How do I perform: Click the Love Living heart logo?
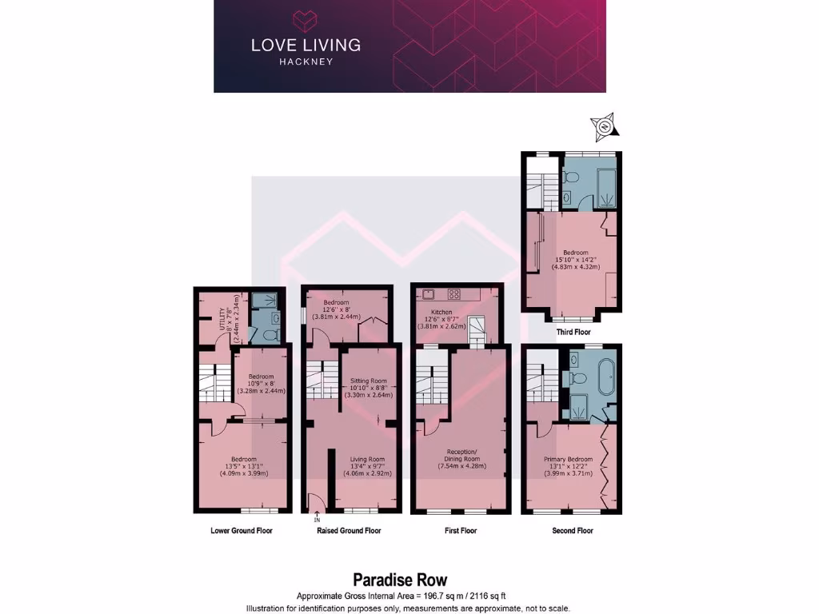pos(305,19)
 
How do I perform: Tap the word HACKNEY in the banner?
pos(306,62)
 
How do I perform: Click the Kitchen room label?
pos(441,312)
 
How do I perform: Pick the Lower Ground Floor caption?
pos(241,530)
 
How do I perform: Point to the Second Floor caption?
pos(572,530)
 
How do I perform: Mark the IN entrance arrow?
pos(318,517)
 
